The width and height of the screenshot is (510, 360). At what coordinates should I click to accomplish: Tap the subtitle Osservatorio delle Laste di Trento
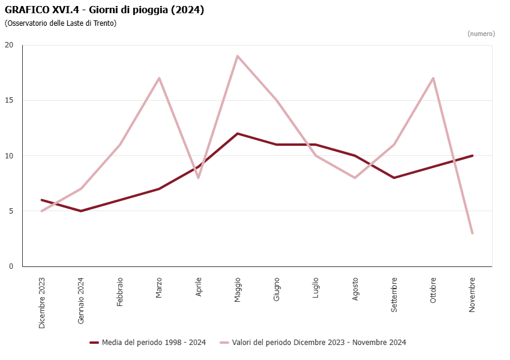tap(61, 23)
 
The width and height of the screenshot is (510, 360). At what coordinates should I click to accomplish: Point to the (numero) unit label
tap(481, 34)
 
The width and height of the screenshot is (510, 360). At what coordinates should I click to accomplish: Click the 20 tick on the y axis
tap(9, 45)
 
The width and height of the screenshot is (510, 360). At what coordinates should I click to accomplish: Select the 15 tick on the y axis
tap(9, 100)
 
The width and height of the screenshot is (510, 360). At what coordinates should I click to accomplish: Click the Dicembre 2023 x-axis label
tap(42, 303)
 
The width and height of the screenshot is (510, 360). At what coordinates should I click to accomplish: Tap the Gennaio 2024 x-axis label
tap(81, 301)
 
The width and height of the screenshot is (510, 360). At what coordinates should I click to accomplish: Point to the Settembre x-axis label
tap(394, 294)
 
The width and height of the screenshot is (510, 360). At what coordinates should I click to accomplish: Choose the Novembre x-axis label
tap(472, 294)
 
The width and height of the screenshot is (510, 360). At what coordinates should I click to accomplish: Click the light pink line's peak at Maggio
tap(238, 56)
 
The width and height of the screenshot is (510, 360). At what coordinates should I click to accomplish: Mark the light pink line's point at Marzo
tap(159, 78)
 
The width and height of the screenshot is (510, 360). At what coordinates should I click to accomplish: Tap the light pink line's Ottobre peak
tap(433, 78)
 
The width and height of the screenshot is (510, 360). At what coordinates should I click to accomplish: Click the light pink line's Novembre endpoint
tap(472, 233)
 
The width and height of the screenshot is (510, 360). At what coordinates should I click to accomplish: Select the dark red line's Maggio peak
tap(238, 133)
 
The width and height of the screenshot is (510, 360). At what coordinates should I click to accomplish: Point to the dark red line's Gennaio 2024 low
tap(81, 211)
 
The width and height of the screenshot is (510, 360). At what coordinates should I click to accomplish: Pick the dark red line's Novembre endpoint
tap(472, 155)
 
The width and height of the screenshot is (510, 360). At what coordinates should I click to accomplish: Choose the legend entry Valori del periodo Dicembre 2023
tap(319, 343)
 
